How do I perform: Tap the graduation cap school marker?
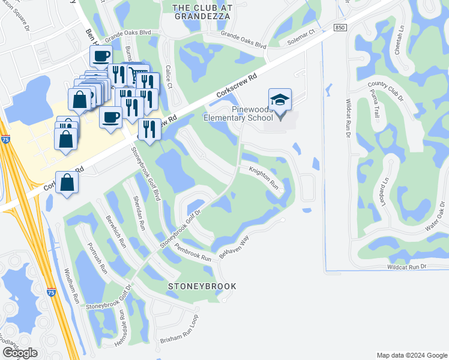click(x=280, y=100)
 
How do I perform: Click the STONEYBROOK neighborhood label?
click(x=202, y=286)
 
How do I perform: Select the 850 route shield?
click(x=340, y=28)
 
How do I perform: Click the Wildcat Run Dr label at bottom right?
click(x=406, y=266)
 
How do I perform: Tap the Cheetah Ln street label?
click(x=399, y=40)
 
